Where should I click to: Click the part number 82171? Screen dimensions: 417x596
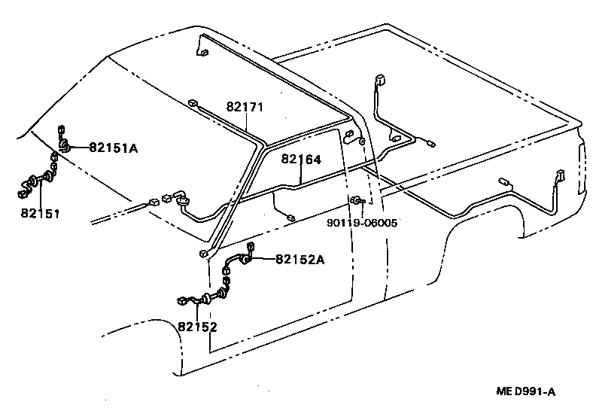245,108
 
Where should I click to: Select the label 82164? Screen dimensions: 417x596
301,160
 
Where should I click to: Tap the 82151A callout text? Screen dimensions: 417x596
114,148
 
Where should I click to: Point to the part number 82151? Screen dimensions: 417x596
40,214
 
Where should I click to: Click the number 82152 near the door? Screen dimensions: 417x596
197,326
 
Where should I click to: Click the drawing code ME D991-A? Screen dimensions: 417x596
526,391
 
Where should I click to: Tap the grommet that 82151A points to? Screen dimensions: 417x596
67,145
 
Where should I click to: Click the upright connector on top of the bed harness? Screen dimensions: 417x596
378,80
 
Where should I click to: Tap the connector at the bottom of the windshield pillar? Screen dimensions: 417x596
203,254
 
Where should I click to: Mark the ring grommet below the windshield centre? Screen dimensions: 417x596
181,199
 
